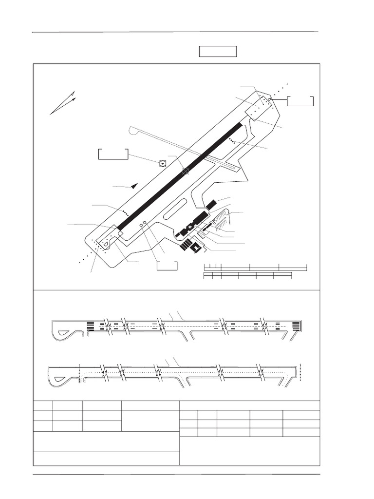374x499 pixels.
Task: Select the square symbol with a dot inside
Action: [163, 163]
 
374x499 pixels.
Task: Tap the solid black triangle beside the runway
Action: [135, 185]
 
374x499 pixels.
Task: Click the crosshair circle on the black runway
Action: [186, 171]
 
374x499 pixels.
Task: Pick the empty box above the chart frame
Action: [218, 51]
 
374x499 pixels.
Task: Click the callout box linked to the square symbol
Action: [113, 154]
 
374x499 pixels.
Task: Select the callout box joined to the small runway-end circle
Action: [300, 101]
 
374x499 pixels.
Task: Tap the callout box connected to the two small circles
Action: [168, 266]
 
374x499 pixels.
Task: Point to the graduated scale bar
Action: [255, 272]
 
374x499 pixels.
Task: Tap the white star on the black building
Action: [189, 228]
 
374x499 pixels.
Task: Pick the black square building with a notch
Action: [196, 248]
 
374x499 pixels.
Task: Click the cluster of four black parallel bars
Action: [186, 244]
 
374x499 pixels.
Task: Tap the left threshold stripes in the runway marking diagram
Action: [90, 326]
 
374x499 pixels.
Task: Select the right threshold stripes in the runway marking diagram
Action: [295, 326]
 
